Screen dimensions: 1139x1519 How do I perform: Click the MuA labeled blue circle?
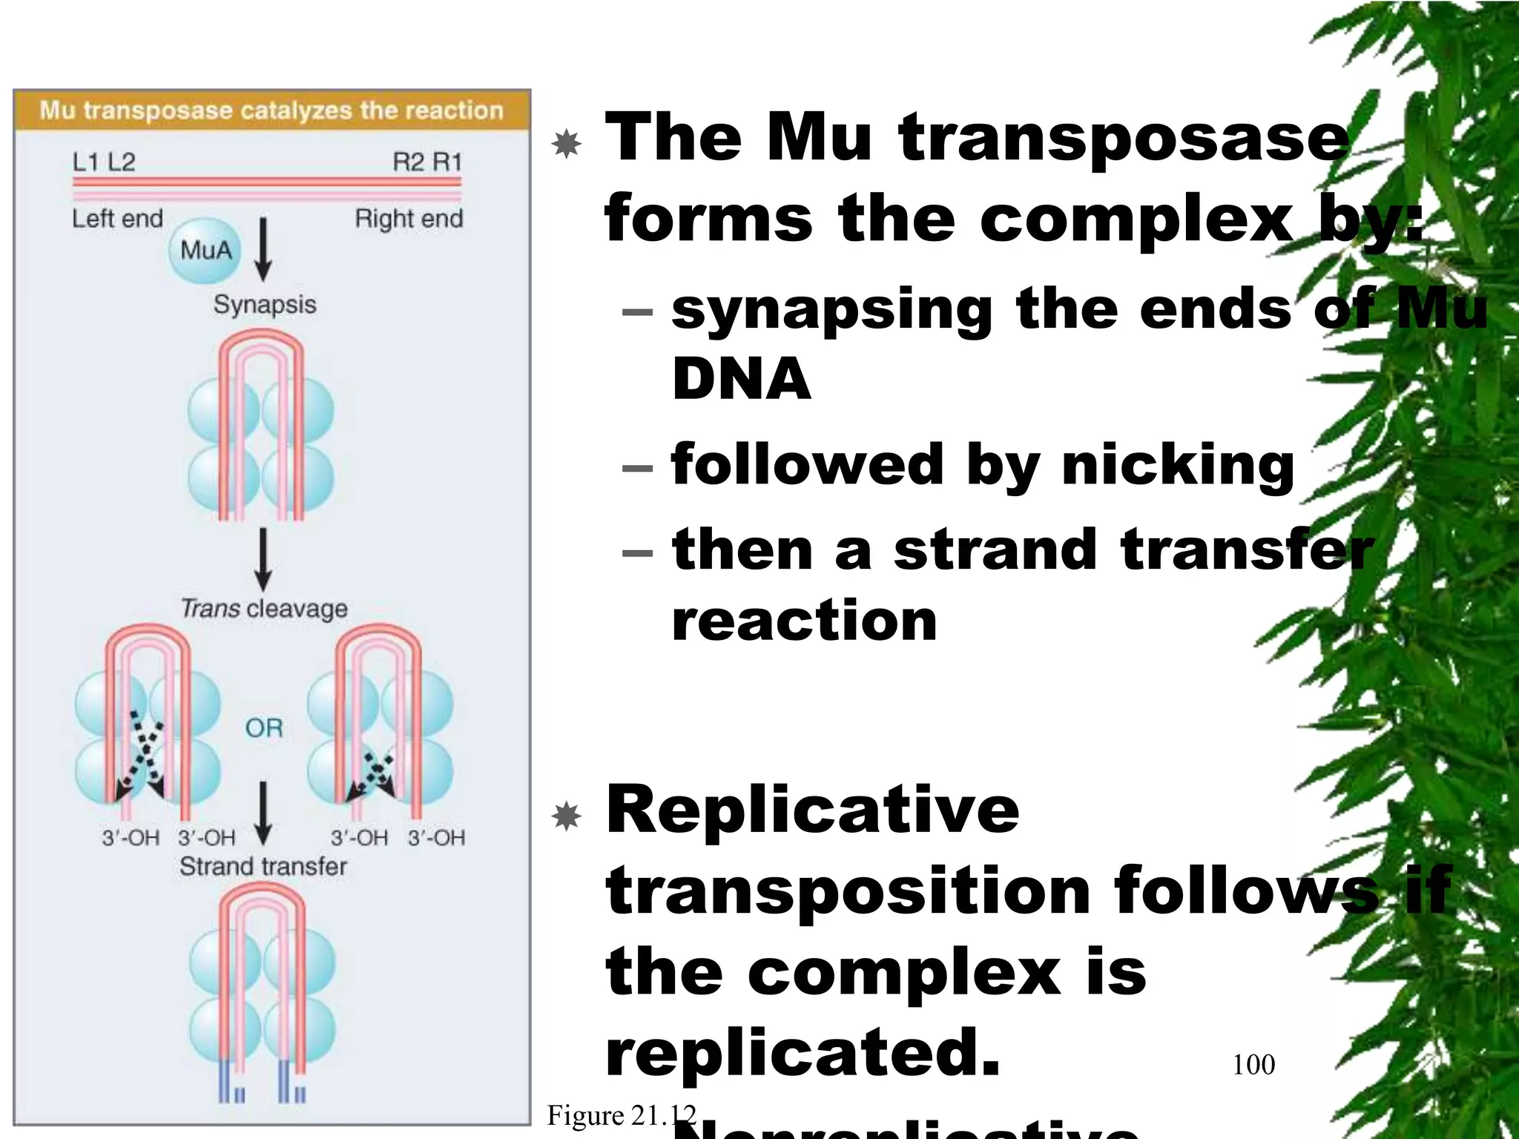click(205, 251)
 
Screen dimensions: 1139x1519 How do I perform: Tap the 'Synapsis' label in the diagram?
click(265, 304)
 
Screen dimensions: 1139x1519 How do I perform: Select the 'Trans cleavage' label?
click(264, 609)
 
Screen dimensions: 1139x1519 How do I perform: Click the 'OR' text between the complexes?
click(264, 728)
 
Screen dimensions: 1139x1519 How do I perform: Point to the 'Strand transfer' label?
click(263, 866)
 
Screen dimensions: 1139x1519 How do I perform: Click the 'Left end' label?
click(117, 219)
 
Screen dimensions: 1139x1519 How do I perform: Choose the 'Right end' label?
click(409, 219)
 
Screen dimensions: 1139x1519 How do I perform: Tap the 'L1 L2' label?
click(104, 162)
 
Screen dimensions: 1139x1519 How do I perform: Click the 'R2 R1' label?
click(427, 162)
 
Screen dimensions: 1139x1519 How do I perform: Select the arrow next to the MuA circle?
click(263, 249)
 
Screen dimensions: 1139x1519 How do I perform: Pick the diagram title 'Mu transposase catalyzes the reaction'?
click(271, 110)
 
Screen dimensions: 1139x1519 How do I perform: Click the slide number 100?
click(1253, 1065)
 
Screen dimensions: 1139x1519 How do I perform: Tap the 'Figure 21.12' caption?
click(622, 1115)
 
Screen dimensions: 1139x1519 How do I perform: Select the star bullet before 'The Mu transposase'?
click(567, 143)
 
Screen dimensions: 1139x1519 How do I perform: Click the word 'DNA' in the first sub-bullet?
click(741, 379)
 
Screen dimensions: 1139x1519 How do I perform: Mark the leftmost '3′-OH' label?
click(131, 838)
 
